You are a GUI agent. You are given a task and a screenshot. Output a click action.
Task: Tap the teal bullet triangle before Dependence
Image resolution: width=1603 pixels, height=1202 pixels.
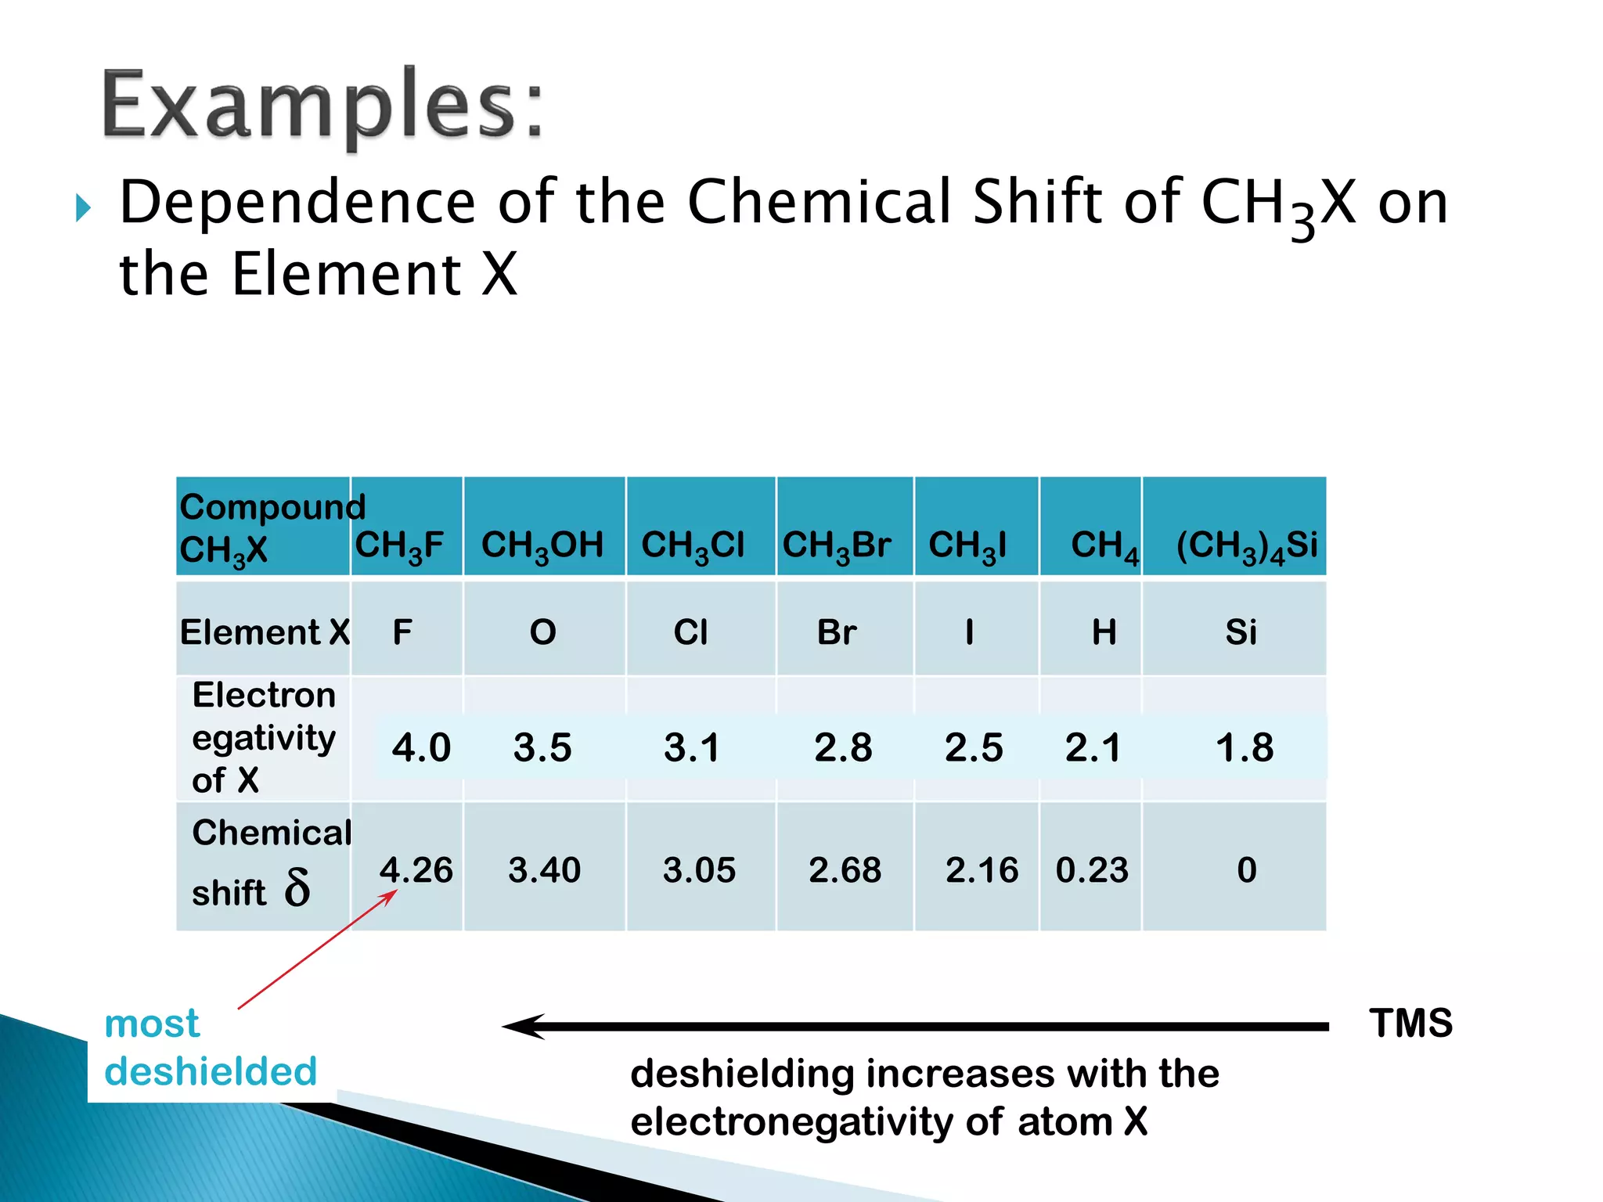pyautogui.click(x=83, y=208)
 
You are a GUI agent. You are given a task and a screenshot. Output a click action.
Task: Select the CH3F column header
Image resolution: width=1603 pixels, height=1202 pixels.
pyautogui.click(x=400, y=545)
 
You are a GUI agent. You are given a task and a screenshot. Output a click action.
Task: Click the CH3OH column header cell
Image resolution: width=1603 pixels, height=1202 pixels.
pyautogui.click(x=542, y=545)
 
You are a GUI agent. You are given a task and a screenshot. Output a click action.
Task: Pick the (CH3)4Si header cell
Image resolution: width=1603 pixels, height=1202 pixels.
pyautogui.click(x=1246, y=545)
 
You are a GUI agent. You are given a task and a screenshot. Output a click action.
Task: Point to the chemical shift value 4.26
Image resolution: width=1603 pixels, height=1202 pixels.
pyautogui.click(x=416, y=870)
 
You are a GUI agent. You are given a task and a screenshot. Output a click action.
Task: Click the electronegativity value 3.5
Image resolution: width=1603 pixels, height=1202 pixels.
pyautogui.click(x=542, y=747)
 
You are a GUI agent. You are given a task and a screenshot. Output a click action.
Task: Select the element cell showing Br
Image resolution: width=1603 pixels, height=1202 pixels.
pyautogui.click(x=837, y=632)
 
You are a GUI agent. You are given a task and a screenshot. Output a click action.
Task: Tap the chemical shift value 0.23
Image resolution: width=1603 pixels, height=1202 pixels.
pyautogui.click(x=1092, y=870)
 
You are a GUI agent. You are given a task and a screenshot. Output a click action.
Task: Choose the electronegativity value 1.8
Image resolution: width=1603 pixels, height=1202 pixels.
pyautogui.click(x=1245, y=747)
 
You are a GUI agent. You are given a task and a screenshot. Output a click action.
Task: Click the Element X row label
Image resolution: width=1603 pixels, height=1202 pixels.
pyautogui.click(x=265, y=632)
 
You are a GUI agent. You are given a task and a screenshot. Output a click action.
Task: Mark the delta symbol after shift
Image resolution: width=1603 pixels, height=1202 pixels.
pyautogui.click(x=297, y=888)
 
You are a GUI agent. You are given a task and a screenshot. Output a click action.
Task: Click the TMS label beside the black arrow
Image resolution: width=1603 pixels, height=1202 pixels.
pyautogui.click(x=1410, y=1024)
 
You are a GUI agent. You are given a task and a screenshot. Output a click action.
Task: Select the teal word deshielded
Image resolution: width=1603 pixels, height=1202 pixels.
pyautogui.click(x=211, y=1071)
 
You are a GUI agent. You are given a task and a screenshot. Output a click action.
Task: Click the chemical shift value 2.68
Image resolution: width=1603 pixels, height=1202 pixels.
pyautogui.click(x=845, y=870)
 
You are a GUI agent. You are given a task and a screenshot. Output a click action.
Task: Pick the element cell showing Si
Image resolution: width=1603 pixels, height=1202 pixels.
pyautogui.click(x=1241, y=632)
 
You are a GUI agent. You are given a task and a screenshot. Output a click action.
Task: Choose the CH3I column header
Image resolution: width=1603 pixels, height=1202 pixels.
pyautogui.click(x=967, y=545)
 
